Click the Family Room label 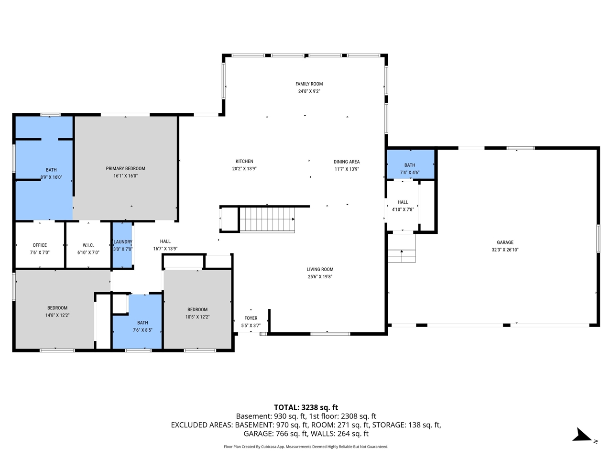click(309, 84)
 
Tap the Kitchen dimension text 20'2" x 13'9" click(244, 169)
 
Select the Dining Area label click(346, 162)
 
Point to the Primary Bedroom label click(125, 168)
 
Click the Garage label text click(505, 242)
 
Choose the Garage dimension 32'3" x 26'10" click(505, 250)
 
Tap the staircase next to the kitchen click(267, 219)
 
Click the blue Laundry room click(122, 245)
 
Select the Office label click(40, 245)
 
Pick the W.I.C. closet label click(88, 245)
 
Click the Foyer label click(251, 318)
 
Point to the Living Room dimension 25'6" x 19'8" click(320, 277)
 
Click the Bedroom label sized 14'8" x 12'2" click(57, 308)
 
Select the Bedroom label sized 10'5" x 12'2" click(197, 309)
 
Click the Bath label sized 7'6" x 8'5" click(142, 323)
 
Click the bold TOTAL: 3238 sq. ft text click(306, 407)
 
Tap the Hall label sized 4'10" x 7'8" click(403, 202)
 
